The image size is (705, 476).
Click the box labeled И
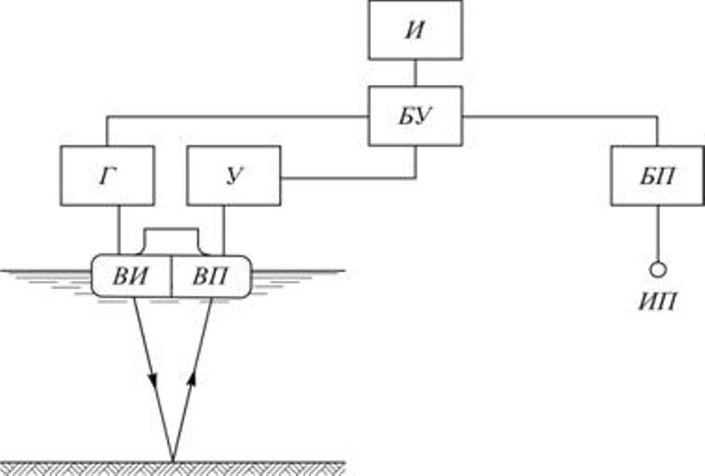[x=415, y=30]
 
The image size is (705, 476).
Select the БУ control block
[x=415, y=116]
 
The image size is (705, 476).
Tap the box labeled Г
[x=107, y=176]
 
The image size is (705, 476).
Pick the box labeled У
[x=233, y=176]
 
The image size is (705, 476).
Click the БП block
[x=657, y=176]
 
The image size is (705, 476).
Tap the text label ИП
[x=657, y=300]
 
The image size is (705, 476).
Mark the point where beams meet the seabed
[x=172, y=459]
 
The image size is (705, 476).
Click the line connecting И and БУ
[x=415, y=72]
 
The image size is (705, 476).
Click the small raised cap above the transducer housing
[x=171, y=238]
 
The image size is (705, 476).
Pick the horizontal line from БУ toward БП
[x=558, y=116]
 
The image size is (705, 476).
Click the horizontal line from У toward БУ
[x=344, y=178]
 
